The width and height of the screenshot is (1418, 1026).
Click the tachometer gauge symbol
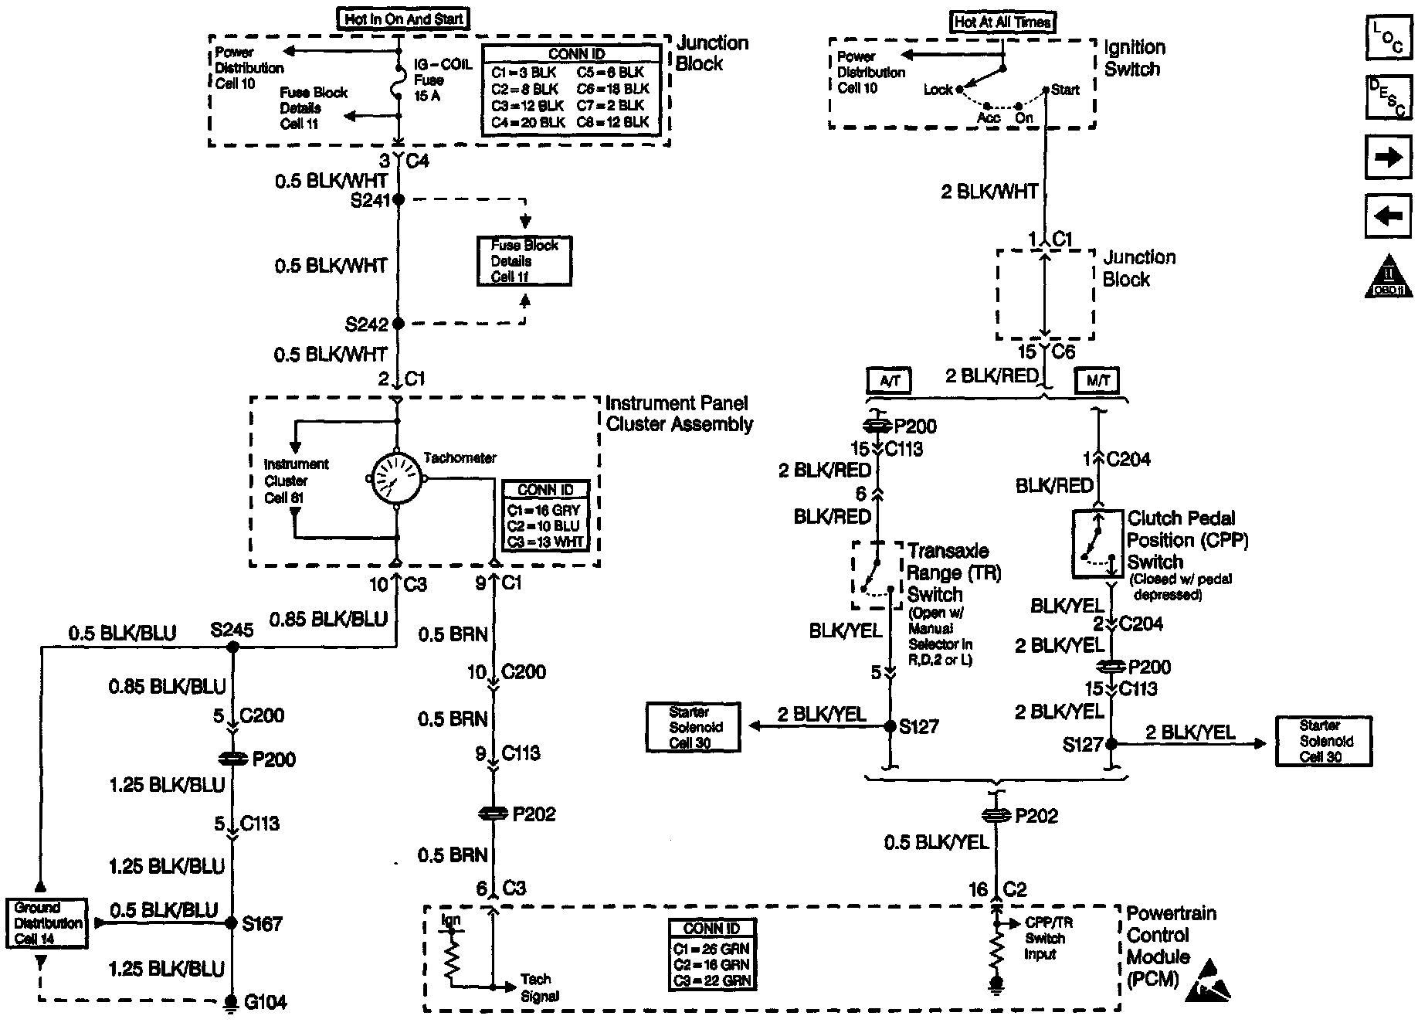397,480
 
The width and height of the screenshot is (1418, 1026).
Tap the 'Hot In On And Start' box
403,19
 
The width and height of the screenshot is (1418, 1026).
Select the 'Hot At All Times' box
1002,22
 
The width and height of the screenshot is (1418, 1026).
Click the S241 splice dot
399,199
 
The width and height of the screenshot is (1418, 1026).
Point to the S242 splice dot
399,323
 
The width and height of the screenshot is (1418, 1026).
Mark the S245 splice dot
232,647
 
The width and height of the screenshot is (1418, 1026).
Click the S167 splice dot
231,922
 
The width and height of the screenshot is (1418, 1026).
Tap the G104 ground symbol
231,1003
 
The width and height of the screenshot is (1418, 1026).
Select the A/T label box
890,380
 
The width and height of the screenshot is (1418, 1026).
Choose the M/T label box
1097,380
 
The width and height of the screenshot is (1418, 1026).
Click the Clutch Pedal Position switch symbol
1097,544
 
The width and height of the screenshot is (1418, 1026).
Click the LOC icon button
1388,37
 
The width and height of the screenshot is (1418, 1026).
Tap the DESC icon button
1388,97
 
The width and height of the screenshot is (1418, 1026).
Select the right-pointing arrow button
1388,157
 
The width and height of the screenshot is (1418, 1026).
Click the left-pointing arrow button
1388,216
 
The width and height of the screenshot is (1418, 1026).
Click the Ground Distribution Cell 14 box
47,922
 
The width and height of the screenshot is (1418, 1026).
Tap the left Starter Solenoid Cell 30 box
693,726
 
